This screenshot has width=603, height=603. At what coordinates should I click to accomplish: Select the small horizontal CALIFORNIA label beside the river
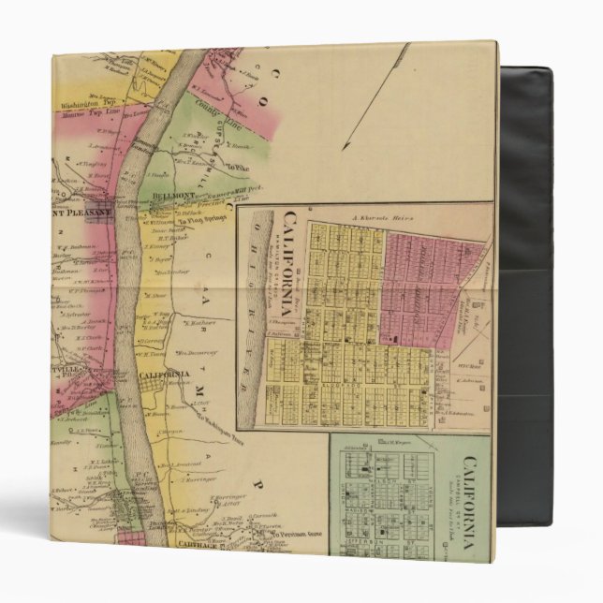(159, 375)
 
